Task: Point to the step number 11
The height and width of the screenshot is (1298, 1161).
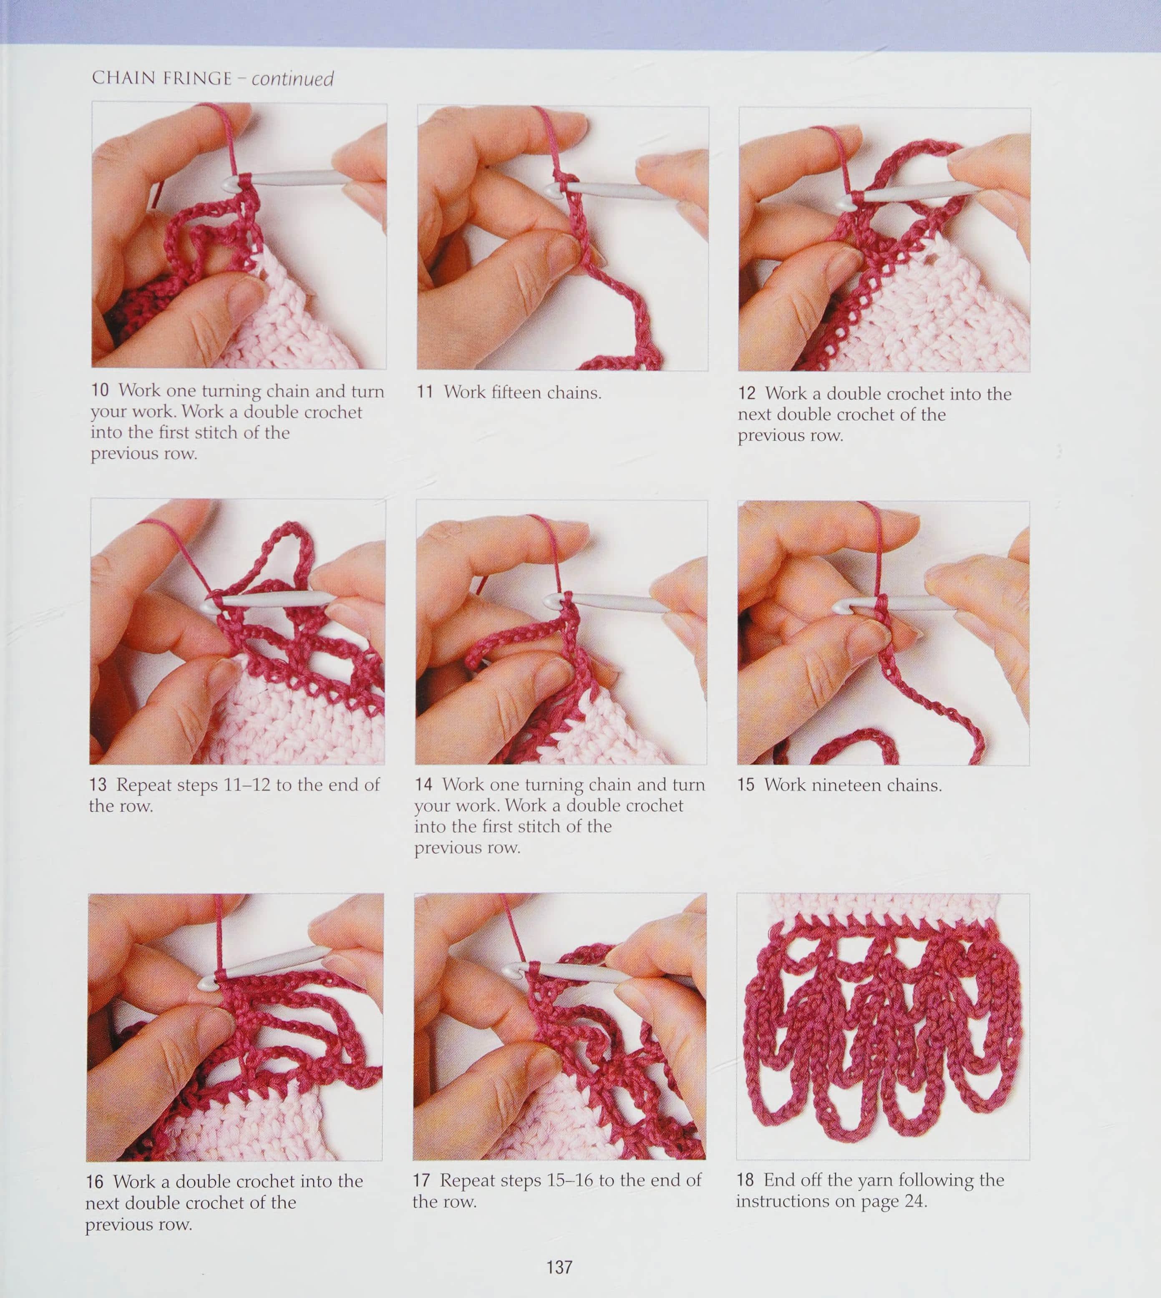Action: pos(426,392)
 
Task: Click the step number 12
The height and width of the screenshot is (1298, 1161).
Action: pos(747,393)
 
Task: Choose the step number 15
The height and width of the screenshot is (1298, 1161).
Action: pos(746,785)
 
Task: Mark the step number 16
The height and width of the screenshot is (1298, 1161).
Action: pos(95,1182)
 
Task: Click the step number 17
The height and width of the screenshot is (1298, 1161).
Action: pos(422,1181)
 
